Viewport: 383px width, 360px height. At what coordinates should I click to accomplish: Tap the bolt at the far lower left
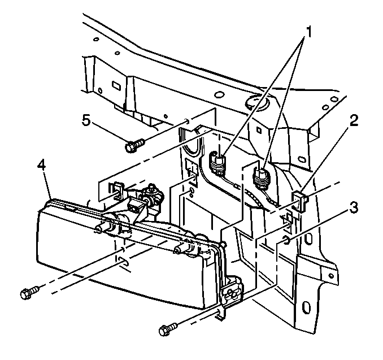point(28,293)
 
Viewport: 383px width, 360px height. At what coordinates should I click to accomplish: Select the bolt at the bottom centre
point(168,327)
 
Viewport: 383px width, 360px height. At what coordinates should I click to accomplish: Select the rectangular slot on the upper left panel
point(115,86)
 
